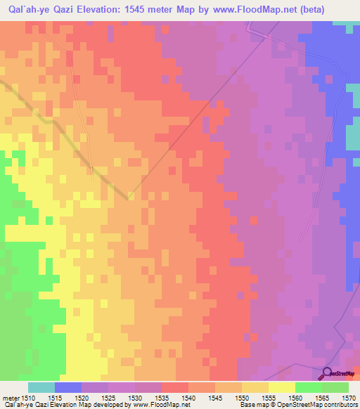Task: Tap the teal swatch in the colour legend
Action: [x=41, y=387]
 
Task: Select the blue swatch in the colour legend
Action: [x=68, y=387]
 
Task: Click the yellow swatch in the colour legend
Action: [x=281, y=387]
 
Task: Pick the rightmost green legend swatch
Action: [x=335, y=387]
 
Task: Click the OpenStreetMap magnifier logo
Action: [x=328, y=374]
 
